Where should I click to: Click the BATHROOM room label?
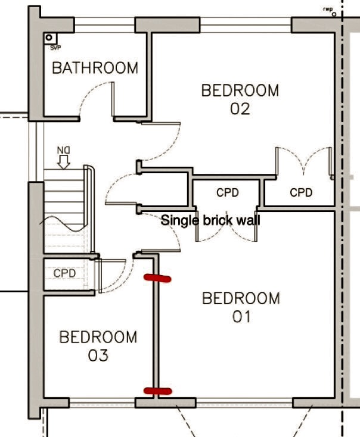[95, 68]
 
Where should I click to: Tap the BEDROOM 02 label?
[240, 99]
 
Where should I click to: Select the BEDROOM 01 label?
[241, 307]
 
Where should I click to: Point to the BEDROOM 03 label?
[98, 346]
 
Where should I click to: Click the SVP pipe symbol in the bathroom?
[49, 38]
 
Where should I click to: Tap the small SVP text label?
[55, 48]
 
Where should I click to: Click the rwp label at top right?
[328, 9]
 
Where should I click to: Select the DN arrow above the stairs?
[64, 162]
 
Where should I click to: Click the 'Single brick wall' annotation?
[210, 220]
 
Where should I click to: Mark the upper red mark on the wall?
[157, 278]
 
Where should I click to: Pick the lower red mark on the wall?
[158, 391]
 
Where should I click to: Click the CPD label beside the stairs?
[64, 273]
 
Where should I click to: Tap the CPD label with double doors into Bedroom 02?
[301, 192]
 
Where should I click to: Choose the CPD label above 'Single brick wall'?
[228, 192]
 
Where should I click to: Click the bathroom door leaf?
[113, 99]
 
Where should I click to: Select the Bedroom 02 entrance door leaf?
[161, 123]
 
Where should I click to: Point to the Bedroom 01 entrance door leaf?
[161, 251]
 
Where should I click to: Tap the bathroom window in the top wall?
[105, 25]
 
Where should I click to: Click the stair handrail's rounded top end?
[89, 168]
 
